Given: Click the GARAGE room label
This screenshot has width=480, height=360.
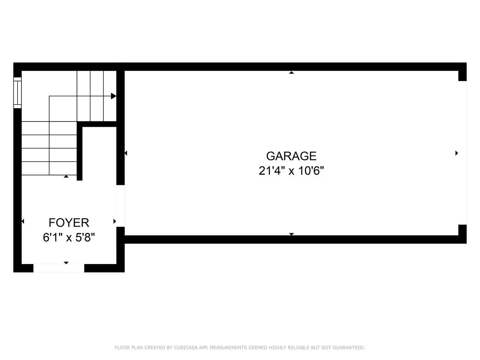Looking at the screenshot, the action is click(291, 156).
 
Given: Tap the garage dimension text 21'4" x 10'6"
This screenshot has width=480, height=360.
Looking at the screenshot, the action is click(291, 171).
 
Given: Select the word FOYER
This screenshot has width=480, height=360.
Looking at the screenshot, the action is click(69, 223).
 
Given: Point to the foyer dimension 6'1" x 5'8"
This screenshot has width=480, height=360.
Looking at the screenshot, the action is click(69, 237).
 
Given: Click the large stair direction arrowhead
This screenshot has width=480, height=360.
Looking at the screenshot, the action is click(114, 96).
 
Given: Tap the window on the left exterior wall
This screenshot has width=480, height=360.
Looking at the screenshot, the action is click(18, 93).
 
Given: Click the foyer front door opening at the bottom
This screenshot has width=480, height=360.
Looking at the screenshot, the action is click(58, 268).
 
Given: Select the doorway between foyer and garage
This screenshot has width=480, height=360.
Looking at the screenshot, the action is click(120, 206).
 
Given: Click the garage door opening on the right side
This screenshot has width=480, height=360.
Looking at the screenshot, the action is click(462, 153).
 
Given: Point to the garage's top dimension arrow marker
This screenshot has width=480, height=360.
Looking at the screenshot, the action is click(291, 72).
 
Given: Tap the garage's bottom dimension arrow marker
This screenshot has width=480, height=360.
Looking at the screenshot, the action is click(291, 234).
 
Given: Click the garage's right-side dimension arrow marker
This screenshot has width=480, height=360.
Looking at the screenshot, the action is click(457, 153).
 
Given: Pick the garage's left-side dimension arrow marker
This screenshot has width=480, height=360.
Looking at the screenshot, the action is click(126, 153).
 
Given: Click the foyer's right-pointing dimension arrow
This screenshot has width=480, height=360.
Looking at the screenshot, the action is click(115, 221).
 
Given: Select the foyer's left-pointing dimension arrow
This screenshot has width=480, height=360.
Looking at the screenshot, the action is click(23, 221).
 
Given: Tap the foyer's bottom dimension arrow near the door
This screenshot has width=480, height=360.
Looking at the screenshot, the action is click(66, 263).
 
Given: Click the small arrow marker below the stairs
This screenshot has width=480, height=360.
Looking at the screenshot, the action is click(66, 176).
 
